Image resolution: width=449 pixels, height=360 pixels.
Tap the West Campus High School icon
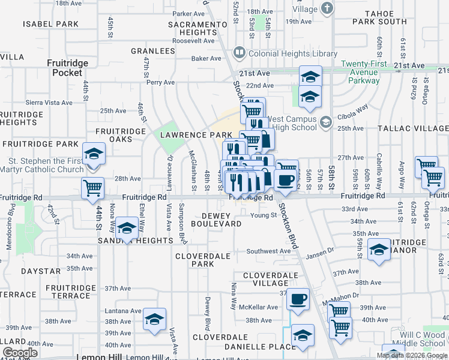[325, 122]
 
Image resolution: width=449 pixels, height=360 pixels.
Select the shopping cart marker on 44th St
[93, 188]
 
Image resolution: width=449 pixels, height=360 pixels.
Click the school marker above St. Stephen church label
[93, 155]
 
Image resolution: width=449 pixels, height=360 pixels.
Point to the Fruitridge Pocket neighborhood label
[67, 68]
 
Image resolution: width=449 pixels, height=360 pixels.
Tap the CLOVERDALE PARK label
[203, 260]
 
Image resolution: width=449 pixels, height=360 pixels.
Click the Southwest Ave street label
[268, 251]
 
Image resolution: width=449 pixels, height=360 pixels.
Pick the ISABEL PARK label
[51, 24]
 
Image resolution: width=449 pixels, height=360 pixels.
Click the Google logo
[20, 353]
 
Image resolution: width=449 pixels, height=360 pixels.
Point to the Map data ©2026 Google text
[411, 355]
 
